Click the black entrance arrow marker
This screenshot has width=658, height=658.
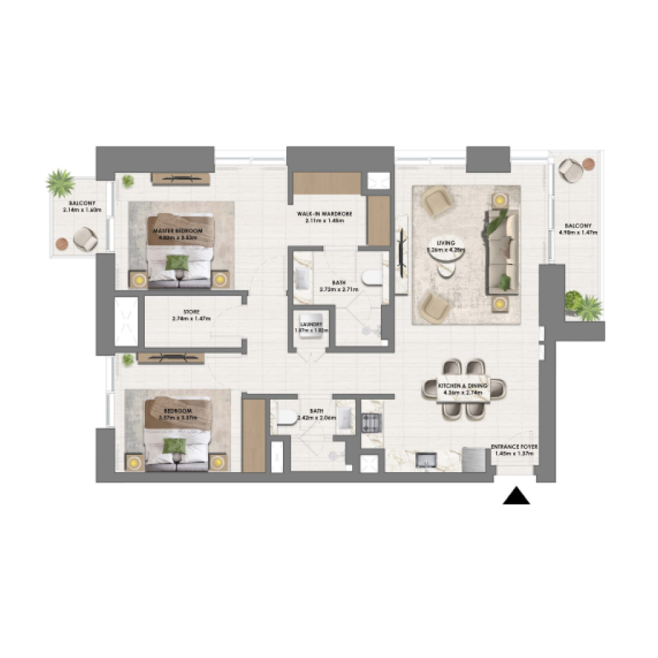[516, 495]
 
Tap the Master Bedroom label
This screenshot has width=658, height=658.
[177, 231]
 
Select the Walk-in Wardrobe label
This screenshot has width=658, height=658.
[325, 216]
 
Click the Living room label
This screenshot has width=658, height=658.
[447, 245]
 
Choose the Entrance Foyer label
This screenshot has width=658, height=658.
[515, 450]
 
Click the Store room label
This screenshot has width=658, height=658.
[191, 315]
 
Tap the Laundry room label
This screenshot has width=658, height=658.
[312, 326]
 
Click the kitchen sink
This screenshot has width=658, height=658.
[427, 459]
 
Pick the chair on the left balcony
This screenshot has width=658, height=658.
[85, 239]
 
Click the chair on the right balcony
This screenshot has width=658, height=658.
[570, 170]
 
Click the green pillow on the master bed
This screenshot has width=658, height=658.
[177, 262]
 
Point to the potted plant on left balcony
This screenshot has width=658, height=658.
[59, 182]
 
